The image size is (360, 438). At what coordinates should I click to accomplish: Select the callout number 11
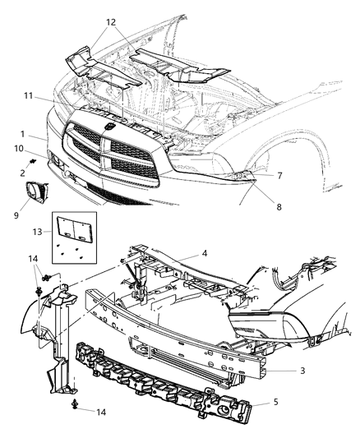tap(28, 97)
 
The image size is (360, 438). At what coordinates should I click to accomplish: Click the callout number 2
tap(23, 172)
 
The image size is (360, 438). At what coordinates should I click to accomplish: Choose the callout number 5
tap(275, 404)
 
